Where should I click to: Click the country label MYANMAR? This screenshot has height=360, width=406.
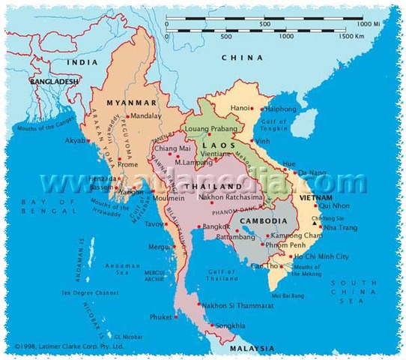point(132,103)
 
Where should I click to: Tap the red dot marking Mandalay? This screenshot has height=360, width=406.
point(130,115)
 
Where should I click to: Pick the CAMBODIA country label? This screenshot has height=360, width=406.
point(264,221)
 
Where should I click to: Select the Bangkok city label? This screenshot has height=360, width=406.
point(215,226)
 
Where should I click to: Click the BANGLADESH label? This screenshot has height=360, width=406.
point(52,79)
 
